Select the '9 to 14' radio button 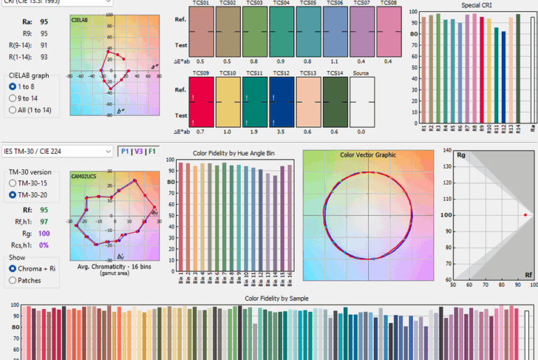point(13,98)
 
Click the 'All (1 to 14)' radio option point(13,110)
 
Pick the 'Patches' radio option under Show point(13,280)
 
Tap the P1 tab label point(124,151)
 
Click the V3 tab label point(138,151)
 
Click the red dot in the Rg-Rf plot point(525,215)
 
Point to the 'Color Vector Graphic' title point(368,155)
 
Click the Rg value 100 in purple point(45,233)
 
